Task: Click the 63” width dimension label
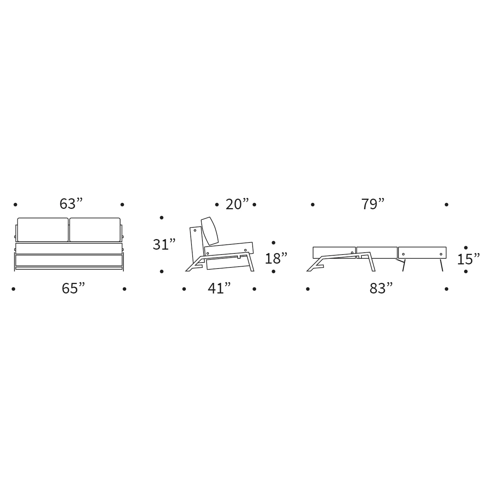tap(71, 204)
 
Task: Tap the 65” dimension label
tap(73, 289)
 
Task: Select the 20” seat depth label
tap(237, 204)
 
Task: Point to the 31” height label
tap(164, 244)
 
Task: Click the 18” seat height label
tap(276, 258)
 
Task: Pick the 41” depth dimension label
tap(219, 289)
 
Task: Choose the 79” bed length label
tap(373, 204)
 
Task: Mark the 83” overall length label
tap(381, 289)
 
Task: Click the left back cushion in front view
tap(43, 230)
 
